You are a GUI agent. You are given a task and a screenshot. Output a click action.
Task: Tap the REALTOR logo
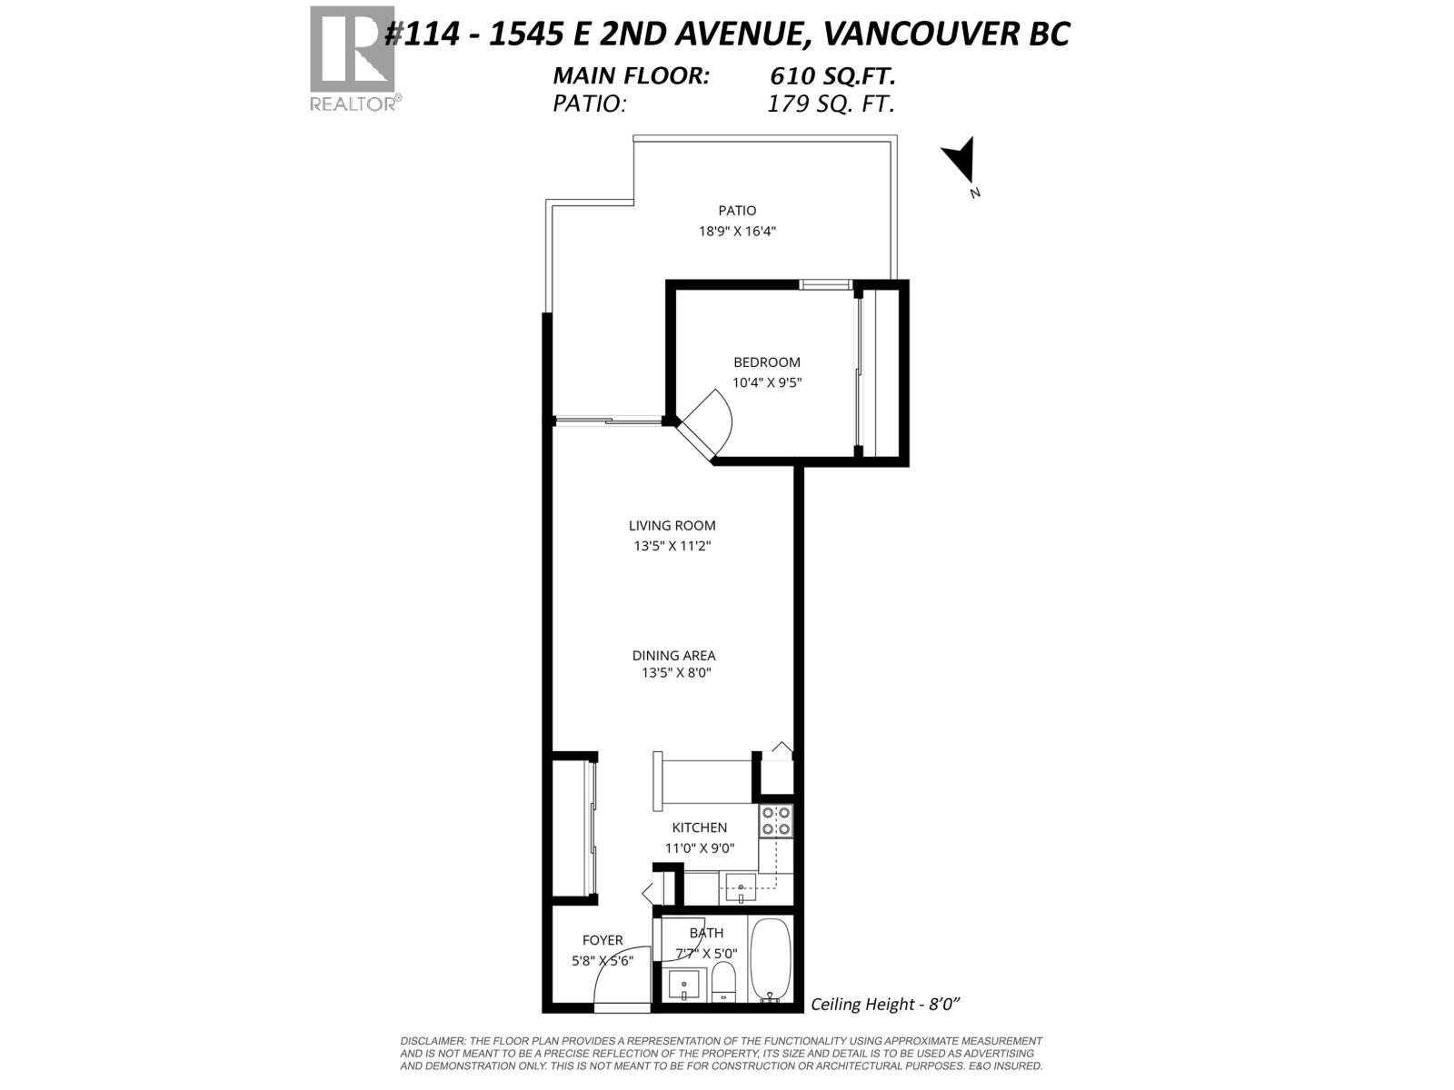point(354,58)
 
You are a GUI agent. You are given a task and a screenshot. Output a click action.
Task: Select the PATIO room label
point(737,211)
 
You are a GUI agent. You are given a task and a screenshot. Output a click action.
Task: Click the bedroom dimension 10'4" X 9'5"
point(767,382)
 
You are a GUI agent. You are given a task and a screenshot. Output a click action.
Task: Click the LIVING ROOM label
point(672,525)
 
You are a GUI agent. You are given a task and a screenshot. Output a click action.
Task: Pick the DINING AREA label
point(673,655)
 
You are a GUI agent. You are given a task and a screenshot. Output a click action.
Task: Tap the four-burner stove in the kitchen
point(776,821)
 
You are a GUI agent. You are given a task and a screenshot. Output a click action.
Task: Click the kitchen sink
point(742,887)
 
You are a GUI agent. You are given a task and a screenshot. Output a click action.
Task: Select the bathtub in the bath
point(771,959)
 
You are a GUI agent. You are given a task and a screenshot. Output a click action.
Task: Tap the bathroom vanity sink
point(684,984)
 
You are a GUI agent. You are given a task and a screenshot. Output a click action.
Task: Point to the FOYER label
point(603,940)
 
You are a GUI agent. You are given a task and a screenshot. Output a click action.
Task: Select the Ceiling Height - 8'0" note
point(885,1004)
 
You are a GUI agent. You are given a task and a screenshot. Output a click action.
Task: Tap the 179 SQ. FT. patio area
point(831,104)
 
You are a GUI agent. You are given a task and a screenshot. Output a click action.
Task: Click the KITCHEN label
point(699,827)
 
